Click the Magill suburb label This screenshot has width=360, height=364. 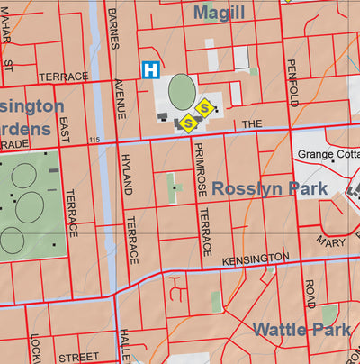219,12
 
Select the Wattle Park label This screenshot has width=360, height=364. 301,329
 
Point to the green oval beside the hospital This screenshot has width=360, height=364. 182,90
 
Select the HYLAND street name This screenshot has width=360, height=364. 126,174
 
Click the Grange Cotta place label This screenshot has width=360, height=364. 328,155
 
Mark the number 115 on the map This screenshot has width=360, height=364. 95,140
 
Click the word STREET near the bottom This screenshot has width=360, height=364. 78,358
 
